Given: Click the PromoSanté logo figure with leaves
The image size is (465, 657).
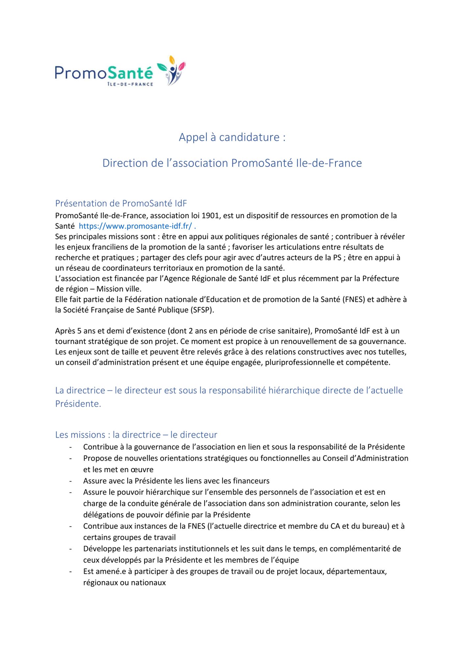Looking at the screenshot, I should coord(172,71).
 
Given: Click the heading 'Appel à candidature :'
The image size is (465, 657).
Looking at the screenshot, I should coord(232,137).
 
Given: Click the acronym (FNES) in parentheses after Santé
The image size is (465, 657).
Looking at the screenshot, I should coord(354,299).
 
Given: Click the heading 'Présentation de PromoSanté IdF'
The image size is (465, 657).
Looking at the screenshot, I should coord(121,203).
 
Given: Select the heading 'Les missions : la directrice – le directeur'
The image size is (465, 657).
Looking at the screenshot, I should coord(136,435).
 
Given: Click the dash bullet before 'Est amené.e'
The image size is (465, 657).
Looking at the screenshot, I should coord(70,572).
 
